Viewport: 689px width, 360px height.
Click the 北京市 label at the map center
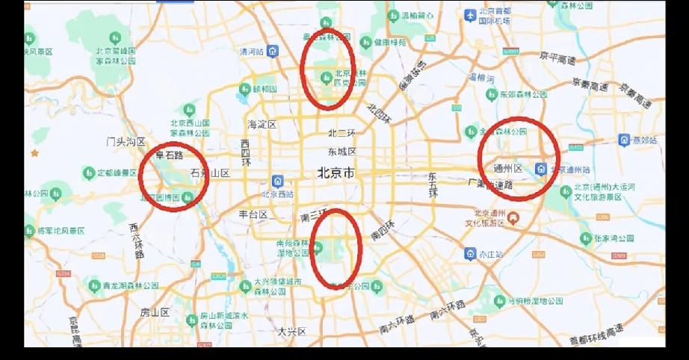pos(336,173)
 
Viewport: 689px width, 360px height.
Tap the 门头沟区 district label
pos(125,141)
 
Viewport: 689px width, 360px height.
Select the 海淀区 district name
pos(262,124)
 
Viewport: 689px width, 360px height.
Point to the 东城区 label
pos(342,152)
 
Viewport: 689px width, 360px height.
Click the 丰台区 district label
pos(253,214)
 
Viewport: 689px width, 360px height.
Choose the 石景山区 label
pos(210,173)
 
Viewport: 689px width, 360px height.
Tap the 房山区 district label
pos(155,312)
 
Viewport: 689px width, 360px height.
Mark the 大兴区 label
pos(292,331)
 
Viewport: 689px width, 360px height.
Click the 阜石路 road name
pos(169,156)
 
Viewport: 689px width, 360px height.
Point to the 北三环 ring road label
pos(342,134)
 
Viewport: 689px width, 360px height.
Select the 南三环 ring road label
pos(315,216)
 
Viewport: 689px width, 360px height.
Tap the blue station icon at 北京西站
pos(278,181)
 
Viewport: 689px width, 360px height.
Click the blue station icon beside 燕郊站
pos(624,140)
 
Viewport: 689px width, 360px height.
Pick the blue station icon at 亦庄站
pos(470,254)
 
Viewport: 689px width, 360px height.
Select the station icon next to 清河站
pos(274,52)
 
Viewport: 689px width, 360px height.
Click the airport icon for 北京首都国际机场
pos(470,14)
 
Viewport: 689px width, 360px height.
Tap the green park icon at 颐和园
pos(244,89)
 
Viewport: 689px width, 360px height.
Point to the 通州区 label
pos(508,168)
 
